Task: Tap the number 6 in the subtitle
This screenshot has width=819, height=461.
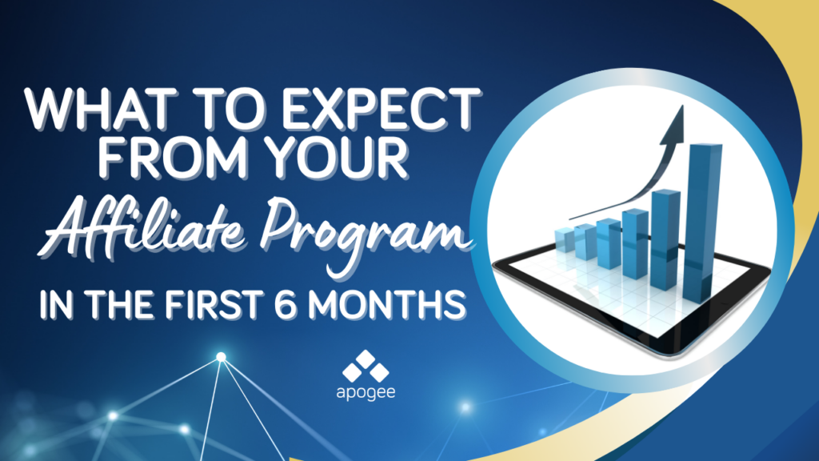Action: tap(286, 304)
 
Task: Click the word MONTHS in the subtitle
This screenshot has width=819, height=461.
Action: tap(386, 304)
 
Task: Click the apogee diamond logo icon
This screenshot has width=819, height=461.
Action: tap(366, 367)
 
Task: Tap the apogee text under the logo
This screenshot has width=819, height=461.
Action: tap(366, 392)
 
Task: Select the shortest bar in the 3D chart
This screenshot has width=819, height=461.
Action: tap(564, 240)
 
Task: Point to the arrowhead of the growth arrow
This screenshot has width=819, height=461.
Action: tap(673, 126)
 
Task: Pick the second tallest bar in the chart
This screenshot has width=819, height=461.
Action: tap(665, 239)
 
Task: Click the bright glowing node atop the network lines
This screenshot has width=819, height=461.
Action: tap(221, 357)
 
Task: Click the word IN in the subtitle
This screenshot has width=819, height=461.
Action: tap(57, 304)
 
